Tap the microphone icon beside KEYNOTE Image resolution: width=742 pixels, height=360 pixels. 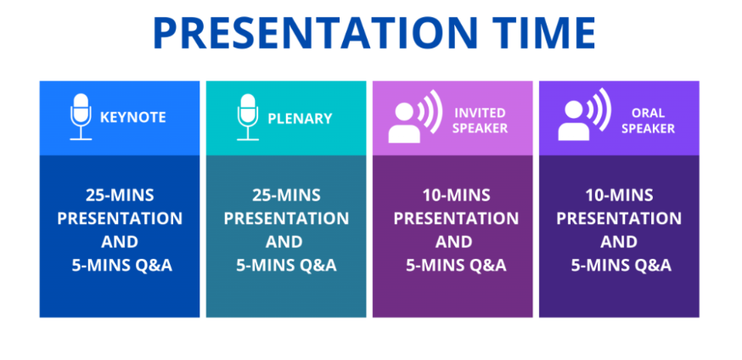point(81,116)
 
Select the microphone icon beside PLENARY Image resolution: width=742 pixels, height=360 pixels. point(248,116)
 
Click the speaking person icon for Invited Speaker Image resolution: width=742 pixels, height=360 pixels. point(415,116)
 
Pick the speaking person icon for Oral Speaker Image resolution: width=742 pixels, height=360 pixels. point(584,115)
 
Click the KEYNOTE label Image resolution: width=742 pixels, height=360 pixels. point(133,117)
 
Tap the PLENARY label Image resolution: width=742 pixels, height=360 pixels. point(300,118)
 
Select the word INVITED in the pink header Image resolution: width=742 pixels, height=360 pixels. point(480,113)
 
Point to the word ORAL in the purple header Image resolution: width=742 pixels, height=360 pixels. point(648,113)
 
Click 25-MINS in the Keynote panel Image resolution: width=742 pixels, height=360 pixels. point(120,195)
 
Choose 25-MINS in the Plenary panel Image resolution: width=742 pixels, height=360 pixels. point(286,195)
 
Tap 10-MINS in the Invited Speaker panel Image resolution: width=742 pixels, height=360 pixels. point(456,195)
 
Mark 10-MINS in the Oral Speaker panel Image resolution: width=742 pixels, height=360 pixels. point(619,195)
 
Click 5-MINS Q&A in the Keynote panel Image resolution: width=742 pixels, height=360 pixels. point(121,266)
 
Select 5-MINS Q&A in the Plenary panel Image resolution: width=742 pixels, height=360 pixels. point(286,266)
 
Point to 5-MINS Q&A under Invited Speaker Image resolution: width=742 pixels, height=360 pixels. point(456,266)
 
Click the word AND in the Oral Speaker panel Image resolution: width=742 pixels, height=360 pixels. point(619,242)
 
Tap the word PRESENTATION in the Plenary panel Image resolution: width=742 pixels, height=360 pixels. point(286,218)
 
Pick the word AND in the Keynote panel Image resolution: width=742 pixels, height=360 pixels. point(120,242)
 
